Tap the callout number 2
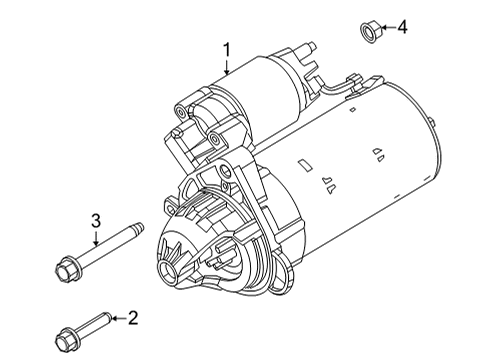coord(132,318)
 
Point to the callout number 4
coord(403,27)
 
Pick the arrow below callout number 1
coord(227,68)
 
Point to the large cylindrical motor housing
coord(370,160)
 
